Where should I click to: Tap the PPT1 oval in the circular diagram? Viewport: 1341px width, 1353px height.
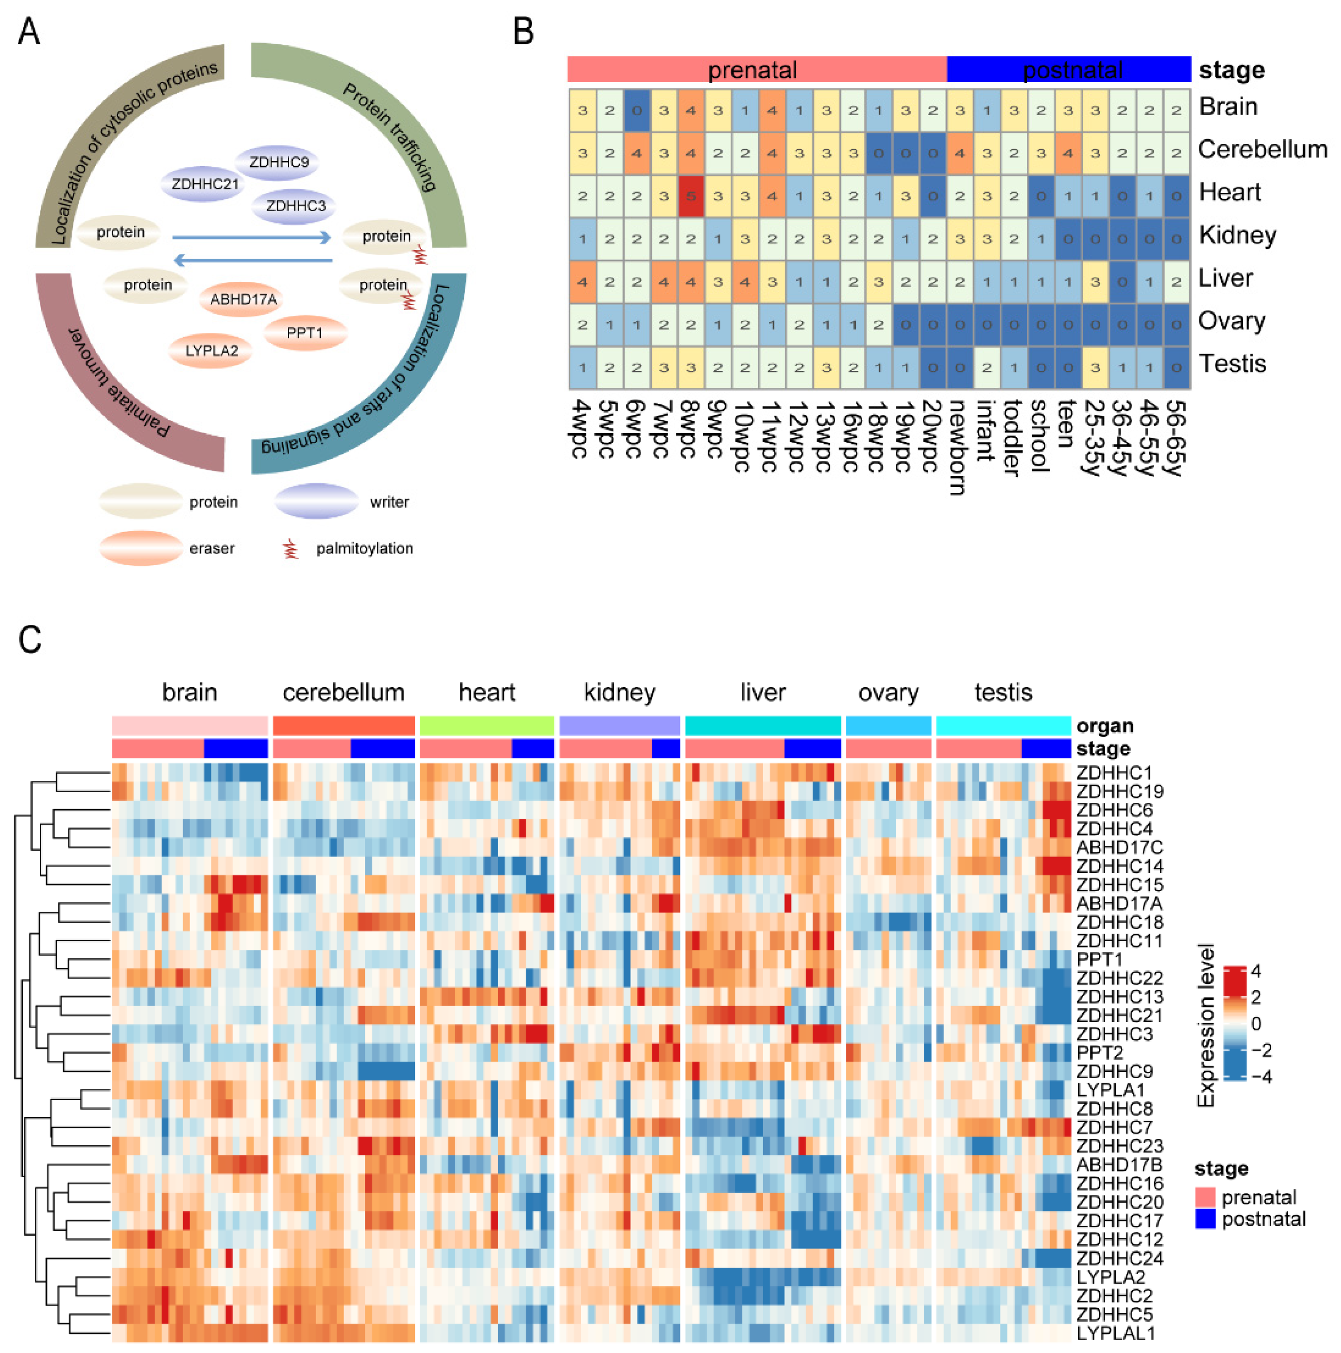click(305, 333)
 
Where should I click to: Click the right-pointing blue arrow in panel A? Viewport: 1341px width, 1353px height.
click(252, 237)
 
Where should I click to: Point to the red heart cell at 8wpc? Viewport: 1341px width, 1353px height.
click(691, 196)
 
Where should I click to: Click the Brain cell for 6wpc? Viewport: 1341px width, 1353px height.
click(636, 111)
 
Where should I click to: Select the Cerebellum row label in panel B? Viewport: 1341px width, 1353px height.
click(1262, 149)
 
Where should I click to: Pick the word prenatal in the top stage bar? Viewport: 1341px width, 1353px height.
click(752, 70)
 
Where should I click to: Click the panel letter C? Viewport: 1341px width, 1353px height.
click(30, 640)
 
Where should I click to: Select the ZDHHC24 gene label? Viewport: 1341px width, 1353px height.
click(1119, 1259)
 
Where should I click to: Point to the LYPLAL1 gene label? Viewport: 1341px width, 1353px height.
click(1115, 1333)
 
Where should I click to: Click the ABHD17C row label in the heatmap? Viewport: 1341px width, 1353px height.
click(1119, 847)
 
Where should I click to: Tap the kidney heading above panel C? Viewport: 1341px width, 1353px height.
click(620, 692)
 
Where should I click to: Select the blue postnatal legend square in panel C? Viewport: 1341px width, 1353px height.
click(1205, 1219)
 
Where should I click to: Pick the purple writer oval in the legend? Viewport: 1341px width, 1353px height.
click(316, 501)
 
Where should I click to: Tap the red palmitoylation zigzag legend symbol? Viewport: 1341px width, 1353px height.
click(290, 548)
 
